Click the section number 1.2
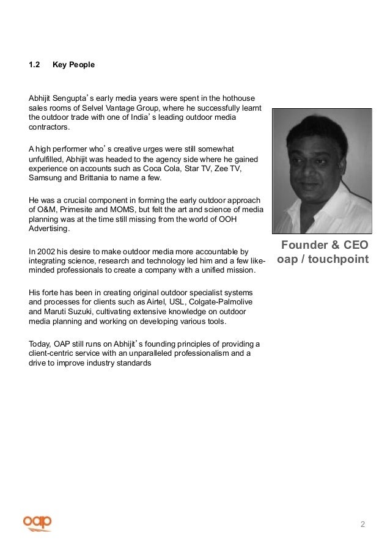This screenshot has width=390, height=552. pyautogui.click(x=34, y=63)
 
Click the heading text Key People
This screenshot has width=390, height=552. pyautogui.click(x=73, y=63)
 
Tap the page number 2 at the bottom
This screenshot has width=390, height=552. pyautogui.click(x=362, y=524)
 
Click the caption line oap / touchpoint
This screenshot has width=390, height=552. pyautogui.click(x=322, y=259)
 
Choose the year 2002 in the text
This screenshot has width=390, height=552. pyautogui.click(x=47, y=251)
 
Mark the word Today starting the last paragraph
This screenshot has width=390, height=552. pyautogui.click(x=39, y=342)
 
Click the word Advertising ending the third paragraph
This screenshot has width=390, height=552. pyautogui.click(x=48, y=229)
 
